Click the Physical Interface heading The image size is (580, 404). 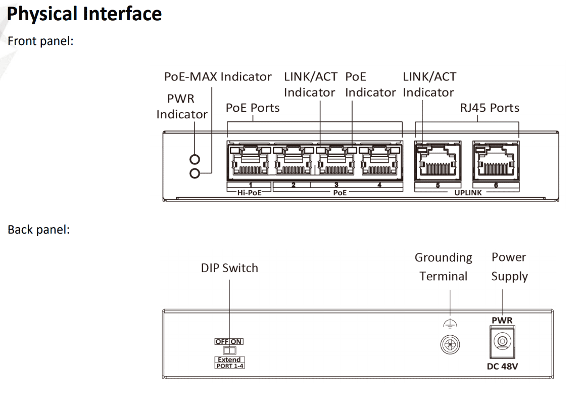point(84,14)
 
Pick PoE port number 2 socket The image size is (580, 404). point(293,162)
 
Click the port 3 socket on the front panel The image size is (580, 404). point(336,162)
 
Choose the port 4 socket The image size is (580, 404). point(380,162)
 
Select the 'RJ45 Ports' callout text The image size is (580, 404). point(490,108)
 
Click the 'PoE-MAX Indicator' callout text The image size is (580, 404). point(218,77)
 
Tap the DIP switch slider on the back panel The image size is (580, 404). point(229,350)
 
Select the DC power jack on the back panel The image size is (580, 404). point(502,341)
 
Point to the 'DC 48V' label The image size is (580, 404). point(502,366)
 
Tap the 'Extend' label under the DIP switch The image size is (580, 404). point(229,360)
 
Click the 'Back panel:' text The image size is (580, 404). point(38,230)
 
